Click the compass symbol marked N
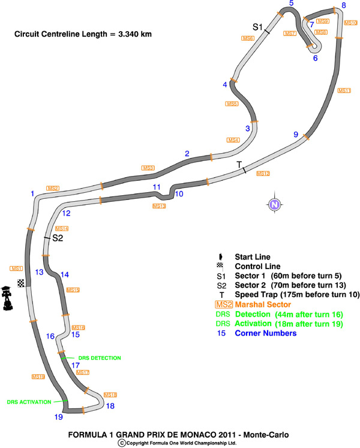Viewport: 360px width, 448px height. point(274,205)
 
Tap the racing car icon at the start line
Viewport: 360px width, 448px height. point(8,298)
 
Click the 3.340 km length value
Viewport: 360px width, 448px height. point(133,34)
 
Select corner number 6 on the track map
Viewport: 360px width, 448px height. point(315,58)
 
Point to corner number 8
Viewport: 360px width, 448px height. point(343,5)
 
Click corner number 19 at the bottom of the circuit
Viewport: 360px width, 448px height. point(59,417)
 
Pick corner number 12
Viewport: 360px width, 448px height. point(66,213)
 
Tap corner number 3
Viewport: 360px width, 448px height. point(247,128)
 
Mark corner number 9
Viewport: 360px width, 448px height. point(296,135)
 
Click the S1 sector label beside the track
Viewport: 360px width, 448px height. point(257,26)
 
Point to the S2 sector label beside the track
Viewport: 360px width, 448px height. point(58,238)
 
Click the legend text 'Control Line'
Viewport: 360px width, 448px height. point(256,266)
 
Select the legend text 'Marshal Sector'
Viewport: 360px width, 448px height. point(262,305)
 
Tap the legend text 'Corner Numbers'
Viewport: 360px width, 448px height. point(265,334)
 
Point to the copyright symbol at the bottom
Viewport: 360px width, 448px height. point(122,443)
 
